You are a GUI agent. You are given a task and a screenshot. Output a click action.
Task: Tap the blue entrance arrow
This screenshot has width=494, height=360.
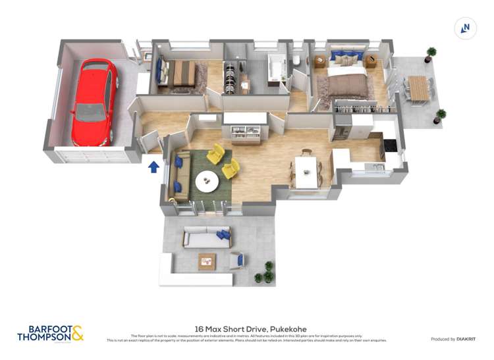(153, 167)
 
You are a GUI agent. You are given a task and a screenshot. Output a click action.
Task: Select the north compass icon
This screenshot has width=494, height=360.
(466, 28)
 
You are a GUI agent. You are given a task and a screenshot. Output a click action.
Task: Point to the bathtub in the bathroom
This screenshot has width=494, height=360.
(275, 68)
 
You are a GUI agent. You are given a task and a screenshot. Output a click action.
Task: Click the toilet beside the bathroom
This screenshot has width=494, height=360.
(296, 61)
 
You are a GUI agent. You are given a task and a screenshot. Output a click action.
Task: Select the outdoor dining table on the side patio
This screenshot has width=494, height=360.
(418, 88)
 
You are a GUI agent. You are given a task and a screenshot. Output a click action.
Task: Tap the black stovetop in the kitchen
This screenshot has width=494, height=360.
(390, 145)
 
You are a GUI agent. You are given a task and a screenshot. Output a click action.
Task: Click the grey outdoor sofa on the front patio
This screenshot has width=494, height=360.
(206, 238)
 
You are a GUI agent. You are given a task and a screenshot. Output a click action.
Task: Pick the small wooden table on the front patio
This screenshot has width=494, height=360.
(207, 261)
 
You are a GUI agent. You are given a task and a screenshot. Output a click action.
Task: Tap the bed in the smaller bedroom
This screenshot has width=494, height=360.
(179, 73)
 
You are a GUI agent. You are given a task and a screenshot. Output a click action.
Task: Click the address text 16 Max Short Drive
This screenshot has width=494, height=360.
(250, 329)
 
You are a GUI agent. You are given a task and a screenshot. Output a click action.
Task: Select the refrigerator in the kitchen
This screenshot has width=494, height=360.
(343, 126)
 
